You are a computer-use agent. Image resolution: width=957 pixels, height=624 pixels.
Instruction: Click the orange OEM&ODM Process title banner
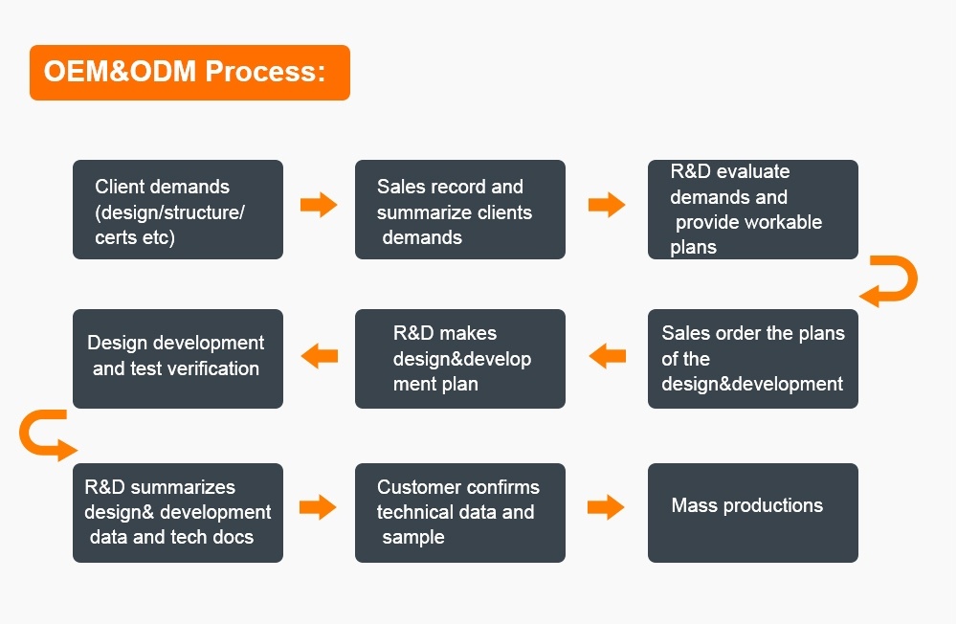[189, 72]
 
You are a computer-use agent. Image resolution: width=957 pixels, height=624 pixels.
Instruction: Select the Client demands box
[178, 210]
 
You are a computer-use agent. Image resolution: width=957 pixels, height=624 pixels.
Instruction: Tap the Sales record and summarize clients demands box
[460, 210]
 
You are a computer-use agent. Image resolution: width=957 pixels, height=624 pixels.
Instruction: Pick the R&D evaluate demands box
[753, 210]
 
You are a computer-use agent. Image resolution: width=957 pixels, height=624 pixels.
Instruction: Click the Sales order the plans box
[753, 359]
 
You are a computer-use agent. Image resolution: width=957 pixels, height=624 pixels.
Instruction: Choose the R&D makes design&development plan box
[460, 359]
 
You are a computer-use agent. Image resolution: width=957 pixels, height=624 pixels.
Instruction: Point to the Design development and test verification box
[178, 359]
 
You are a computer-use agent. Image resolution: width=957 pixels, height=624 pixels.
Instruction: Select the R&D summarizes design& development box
[178, 513]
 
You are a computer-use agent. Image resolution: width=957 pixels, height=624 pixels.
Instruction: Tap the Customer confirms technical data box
[460, 513]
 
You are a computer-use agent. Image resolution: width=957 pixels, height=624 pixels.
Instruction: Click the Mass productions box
[753, 513]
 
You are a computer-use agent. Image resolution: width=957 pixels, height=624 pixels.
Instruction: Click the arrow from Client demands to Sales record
[319, 205]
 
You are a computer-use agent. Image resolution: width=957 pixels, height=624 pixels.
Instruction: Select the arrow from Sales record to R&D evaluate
[607, 205]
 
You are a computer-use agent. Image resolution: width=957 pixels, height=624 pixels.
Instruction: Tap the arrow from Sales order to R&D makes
[608, 356]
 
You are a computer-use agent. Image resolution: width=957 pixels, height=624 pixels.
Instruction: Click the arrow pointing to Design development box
[320, 356]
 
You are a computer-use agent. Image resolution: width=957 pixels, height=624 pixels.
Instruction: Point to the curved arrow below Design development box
[26, 435]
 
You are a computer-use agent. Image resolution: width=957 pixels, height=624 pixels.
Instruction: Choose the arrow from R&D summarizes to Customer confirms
[318, 507]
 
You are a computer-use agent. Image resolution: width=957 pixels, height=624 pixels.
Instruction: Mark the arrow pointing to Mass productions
[606, 507]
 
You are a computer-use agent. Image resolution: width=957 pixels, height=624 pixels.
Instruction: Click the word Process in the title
[265, 72]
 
